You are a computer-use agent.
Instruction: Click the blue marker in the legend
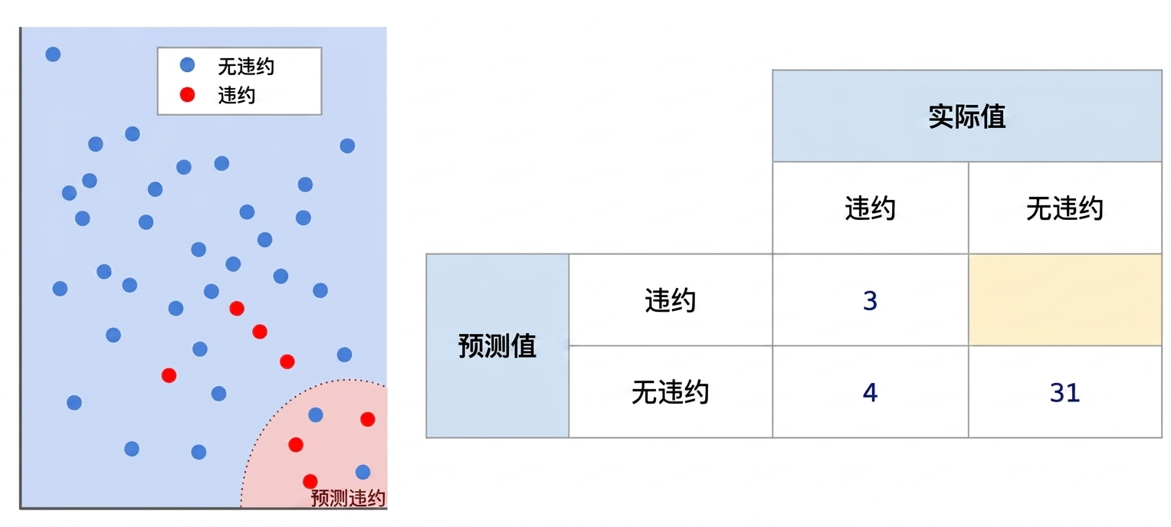(x=187, y=65)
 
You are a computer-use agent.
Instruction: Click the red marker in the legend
(x=187, y=94)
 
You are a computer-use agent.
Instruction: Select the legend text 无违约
(x=246, y=67)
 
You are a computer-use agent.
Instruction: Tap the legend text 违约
(x=236, y=95)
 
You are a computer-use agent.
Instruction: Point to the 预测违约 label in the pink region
(x=348, y=498)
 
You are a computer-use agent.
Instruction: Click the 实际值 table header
(x=966, y=116)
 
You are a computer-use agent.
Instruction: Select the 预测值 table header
(x=497, y=345)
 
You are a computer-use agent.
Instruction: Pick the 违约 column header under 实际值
(x=871, y=208)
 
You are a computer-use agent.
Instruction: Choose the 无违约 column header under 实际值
(x=1065, y=208)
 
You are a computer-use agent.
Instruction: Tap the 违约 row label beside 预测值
(x=671, y=300)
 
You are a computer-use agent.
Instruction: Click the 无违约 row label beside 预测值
(x=671, y=391)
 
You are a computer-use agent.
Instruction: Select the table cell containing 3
(x=871, y=300)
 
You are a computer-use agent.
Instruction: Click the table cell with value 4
(x=871, y=391)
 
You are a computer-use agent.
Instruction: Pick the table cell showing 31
(x=1065, y=391)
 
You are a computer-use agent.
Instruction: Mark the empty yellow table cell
(x=1065, y=300)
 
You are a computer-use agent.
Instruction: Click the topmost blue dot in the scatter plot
(x=53, y=54)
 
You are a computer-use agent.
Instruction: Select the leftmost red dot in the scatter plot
(x=169, y=375)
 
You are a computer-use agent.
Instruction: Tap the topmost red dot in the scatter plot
(x=237, y=308)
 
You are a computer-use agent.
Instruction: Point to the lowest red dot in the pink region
(x=310, y=481)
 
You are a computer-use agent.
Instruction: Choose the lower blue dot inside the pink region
(x=362, y=472)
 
